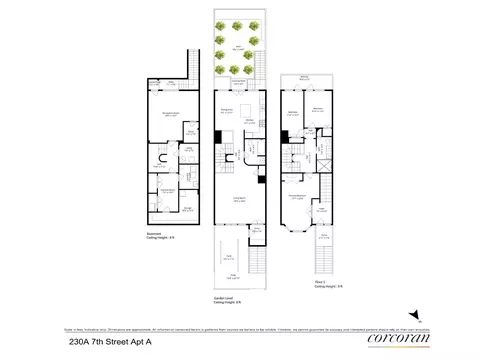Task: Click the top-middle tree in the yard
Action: coord(240,26)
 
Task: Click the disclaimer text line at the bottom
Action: coord(240,324)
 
